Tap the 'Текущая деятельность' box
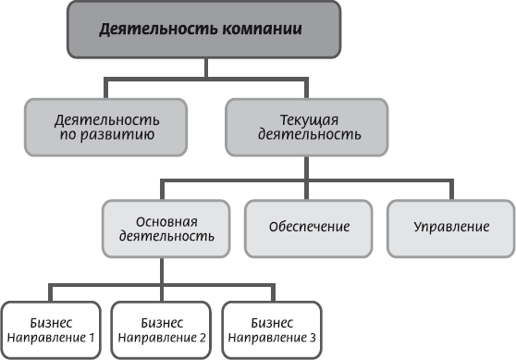tap(306, 127)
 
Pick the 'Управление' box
tap(449, 227)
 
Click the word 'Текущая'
tap(306, 119)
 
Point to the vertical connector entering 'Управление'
tap(449, 188)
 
